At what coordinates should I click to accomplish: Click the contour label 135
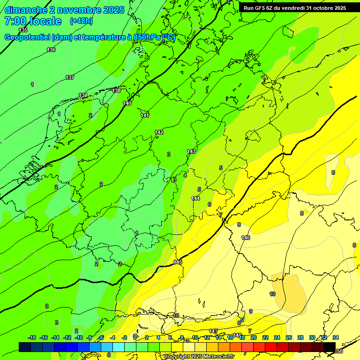[23, 30]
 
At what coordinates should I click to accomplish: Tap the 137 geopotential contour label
[70, 77]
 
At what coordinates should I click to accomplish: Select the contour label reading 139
[116, 90]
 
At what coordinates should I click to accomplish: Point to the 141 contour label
[145, 115]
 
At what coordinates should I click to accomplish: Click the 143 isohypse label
[191, 151]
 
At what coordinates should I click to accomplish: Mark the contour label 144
[195, 198]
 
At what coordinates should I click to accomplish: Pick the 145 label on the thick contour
[178, 262]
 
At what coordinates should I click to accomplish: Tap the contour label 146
[246, 238]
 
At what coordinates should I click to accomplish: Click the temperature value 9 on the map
[251, 311]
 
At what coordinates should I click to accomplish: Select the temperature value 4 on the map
[185, 175]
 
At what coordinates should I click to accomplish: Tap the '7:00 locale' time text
[33, 21]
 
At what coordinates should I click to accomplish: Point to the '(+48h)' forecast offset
[81, 21]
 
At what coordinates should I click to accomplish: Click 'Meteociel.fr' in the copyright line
[218, 357]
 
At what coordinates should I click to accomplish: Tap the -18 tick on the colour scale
[32, 337]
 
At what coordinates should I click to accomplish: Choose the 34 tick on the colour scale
[335, 337]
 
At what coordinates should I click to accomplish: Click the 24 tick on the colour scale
[277, 337]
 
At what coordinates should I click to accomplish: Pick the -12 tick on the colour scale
[67, 337]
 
